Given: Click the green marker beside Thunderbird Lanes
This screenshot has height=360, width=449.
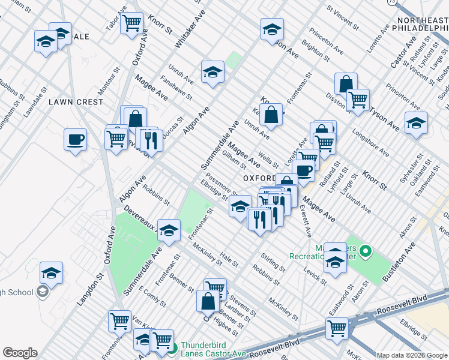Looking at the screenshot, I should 172,347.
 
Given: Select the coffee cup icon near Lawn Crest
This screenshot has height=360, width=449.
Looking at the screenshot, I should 76,140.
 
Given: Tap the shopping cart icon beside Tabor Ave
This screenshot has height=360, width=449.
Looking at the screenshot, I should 131,23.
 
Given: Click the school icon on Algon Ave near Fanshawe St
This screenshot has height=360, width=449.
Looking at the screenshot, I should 212,73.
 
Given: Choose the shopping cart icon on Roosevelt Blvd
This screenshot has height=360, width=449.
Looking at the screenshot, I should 337,328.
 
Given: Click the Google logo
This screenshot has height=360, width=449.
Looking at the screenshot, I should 20,353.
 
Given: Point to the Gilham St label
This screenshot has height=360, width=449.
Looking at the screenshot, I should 234,158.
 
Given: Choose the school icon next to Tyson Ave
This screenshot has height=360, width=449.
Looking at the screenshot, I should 416,122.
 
